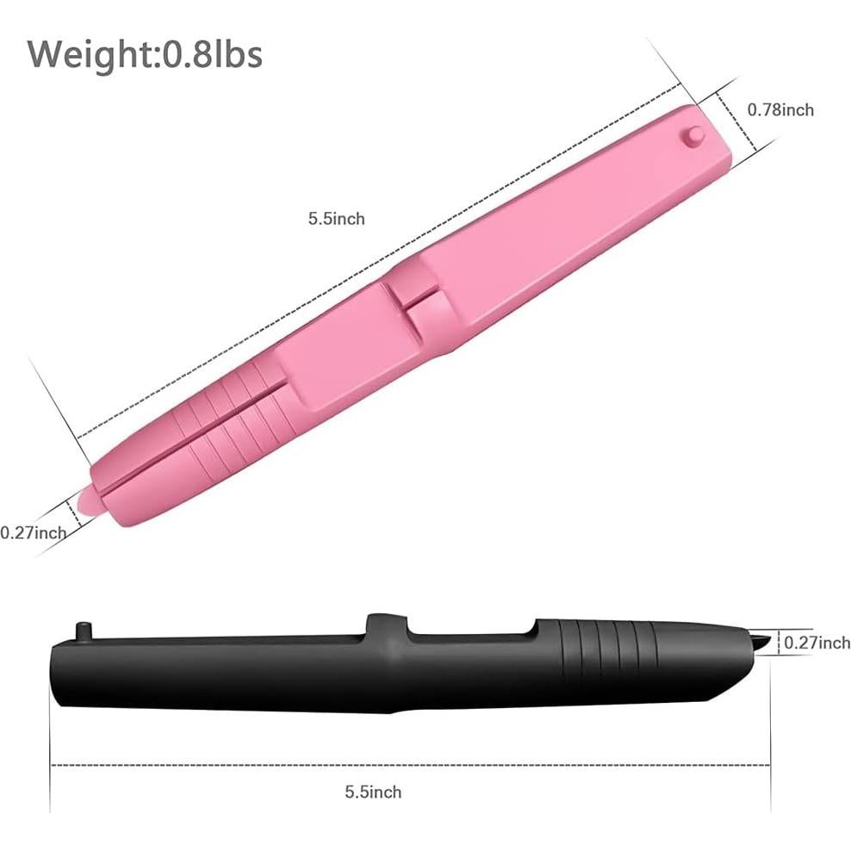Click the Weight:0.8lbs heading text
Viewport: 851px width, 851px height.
pyautogui.click(x=145, y=53)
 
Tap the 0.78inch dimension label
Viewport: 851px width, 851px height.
pyautogui.click(x=780, y=109)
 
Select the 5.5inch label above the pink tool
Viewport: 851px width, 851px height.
pyautogui.click(x=336, y=219)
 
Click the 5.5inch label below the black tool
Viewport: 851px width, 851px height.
pyautogui.click(x=373, y=792)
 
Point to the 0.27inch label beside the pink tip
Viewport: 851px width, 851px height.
pyautogui.click(x=33, y=532)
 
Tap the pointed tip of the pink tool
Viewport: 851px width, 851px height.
pyautogui.click(x=87, y=500)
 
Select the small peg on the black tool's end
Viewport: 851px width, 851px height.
pyautogui.click(x=83, y=630)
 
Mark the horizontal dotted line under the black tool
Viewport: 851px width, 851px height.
pyautogui.click(x=409, y=764)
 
